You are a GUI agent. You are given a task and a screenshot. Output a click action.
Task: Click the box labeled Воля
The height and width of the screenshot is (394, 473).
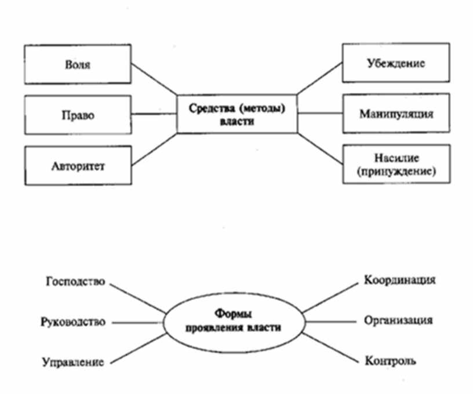(x=78, y=63)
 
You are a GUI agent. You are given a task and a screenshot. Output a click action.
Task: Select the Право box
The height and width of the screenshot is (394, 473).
(x=78, y=114)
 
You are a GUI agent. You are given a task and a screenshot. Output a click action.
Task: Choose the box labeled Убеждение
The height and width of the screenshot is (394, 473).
(x=395, y=63)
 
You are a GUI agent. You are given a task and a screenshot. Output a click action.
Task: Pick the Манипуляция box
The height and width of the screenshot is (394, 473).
(x=395, y=114)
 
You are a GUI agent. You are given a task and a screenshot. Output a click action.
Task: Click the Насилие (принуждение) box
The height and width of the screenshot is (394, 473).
(x=395, y=164)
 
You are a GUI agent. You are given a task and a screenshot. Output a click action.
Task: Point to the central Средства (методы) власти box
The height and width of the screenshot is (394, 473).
(x=237, y=114)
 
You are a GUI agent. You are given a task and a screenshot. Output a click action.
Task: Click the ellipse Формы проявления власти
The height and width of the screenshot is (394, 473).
(x=233, y=322)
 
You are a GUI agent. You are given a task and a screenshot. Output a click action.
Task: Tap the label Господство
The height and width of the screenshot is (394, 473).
(x=74, y=282)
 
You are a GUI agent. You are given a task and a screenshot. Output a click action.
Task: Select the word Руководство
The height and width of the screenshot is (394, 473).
(x=73, y=322)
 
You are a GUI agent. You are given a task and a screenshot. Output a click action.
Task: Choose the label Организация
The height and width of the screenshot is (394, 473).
(x=399, y=320)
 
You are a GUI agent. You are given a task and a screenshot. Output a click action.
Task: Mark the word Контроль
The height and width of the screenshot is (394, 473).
(x=390, y=361)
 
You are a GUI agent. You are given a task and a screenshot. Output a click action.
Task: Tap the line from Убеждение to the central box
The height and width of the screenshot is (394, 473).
(x=319, y=78)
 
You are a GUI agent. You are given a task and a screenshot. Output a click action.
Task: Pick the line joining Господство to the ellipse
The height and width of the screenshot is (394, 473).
(x=137, y=297)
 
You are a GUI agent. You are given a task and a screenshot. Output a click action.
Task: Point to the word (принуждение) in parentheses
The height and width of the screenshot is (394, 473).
(x=396, y=172)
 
